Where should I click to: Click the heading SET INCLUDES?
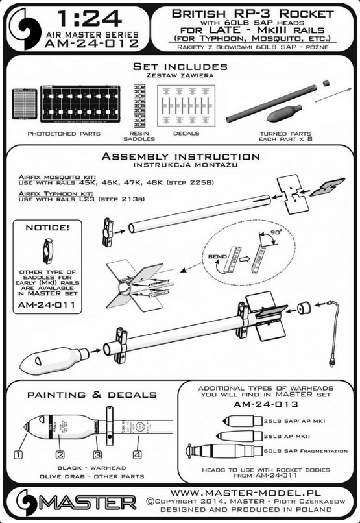click(180, 67)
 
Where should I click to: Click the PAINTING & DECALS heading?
click(91, 395)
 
